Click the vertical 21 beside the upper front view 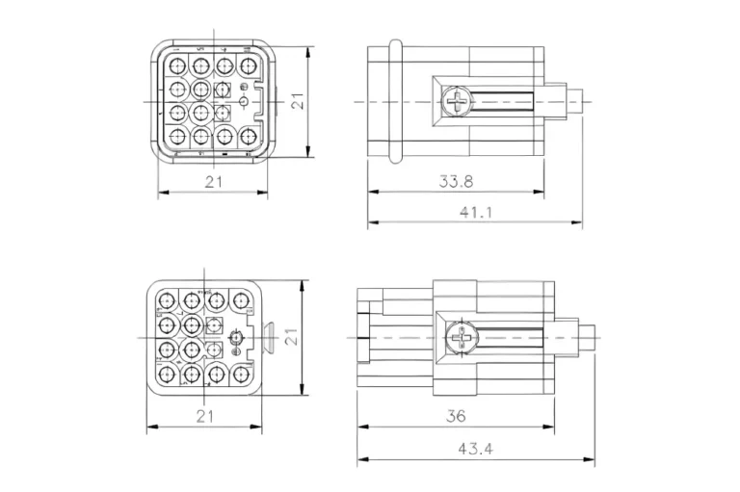tap(299, 100)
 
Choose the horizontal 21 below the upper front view tap(213, 181)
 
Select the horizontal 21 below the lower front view tap(205, 417)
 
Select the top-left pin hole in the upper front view tap(177, 66)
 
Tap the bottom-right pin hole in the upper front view tap(248, 136)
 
